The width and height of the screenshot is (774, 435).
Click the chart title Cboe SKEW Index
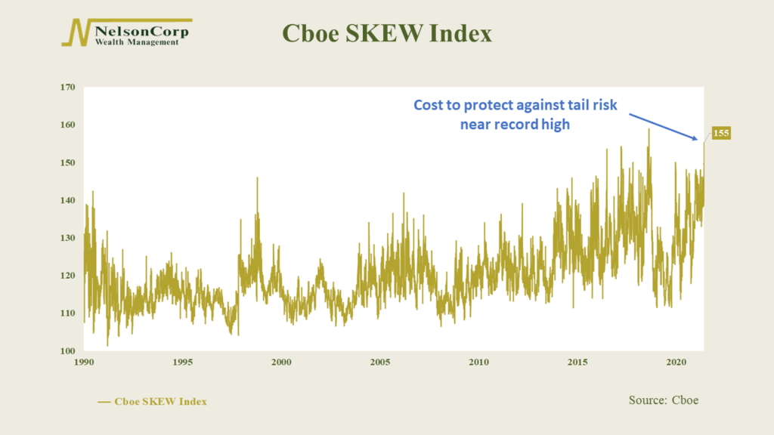click(387, 33)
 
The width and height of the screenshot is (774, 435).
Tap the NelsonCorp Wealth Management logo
click(127, 32)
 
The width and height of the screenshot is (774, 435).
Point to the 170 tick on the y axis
click(67, 88)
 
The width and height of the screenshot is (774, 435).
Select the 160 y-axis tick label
click(67, 125)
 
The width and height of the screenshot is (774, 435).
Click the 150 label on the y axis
click(67, 163)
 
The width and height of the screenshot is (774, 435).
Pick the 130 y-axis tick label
click(67, 238)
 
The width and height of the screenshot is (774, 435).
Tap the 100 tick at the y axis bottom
click(67, 351)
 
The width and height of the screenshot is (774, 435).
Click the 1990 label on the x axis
click(84, 362)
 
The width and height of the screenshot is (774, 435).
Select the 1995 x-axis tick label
click(183, 362)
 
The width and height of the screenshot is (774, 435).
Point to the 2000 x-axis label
click(281, 362)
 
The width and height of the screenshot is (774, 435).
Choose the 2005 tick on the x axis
click(380, 362)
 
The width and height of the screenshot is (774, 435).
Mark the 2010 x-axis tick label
click(478, 362)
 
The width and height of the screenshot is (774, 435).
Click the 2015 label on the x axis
click(577, 362)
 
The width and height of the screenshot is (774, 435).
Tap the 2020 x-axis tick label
click(676, 362)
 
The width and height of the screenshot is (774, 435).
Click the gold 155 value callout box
click(720, 133)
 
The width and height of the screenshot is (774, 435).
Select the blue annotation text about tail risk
click(515, 115)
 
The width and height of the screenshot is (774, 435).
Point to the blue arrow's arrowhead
click(695, 138)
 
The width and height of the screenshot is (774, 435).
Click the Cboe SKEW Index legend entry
click(152, 402)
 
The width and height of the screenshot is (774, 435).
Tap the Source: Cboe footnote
click(664, 400)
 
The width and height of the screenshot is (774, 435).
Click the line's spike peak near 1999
click(257, 178)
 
